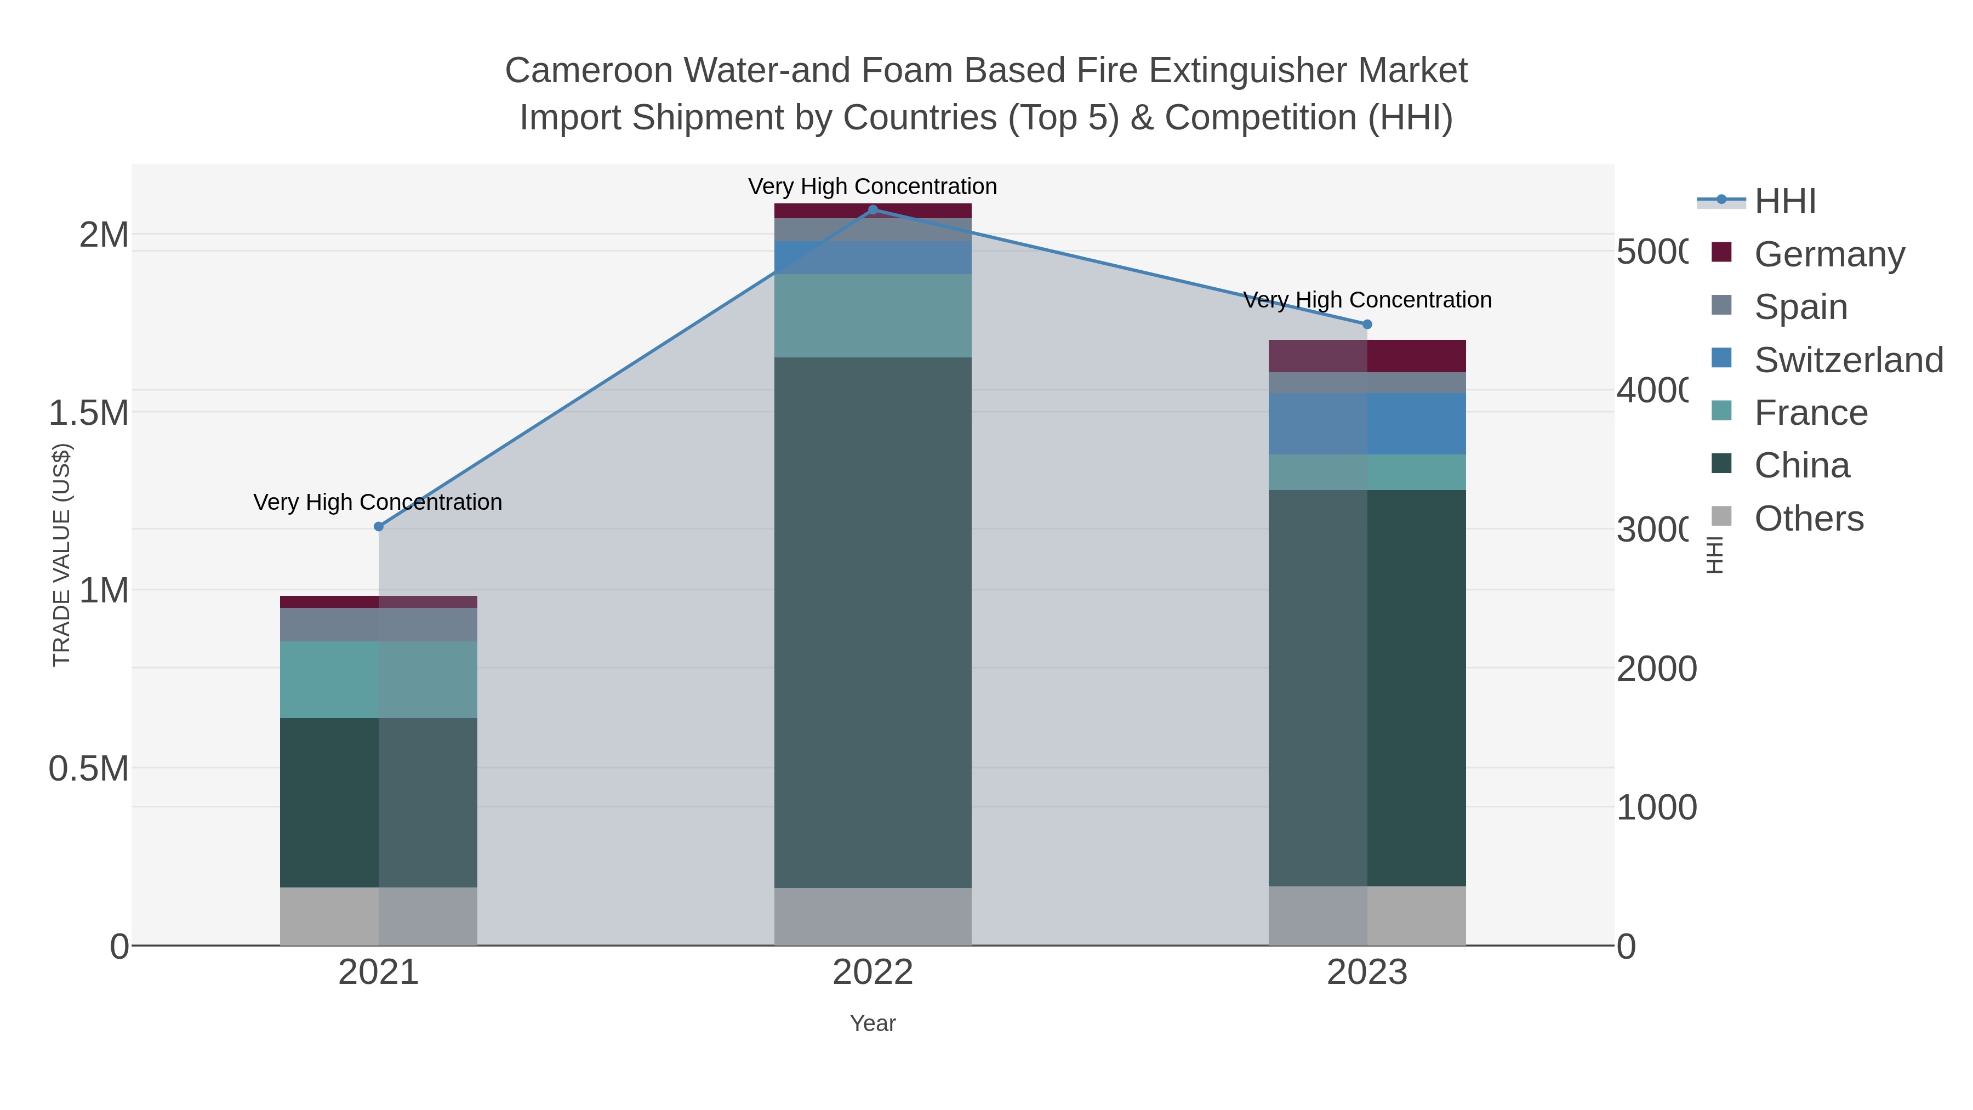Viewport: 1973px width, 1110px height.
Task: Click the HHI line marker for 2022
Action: coord(873,210)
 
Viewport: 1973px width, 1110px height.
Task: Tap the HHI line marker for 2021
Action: coord(378,526)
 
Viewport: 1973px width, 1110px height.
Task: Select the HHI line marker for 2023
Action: coord(1367,324)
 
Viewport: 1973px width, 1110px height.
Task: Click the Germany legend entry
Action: coord(1829,254)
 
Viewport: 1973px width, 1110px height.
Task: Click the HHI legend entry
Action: coord(1784,202)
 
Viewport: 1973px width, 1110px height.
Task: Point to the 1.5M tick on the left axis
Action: coord(89,413)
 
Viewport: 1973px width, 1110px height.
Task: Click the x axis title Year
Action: coord(873,1023)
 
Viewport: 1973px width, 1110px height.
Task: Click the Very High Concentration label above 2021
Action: coord(378,503)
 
